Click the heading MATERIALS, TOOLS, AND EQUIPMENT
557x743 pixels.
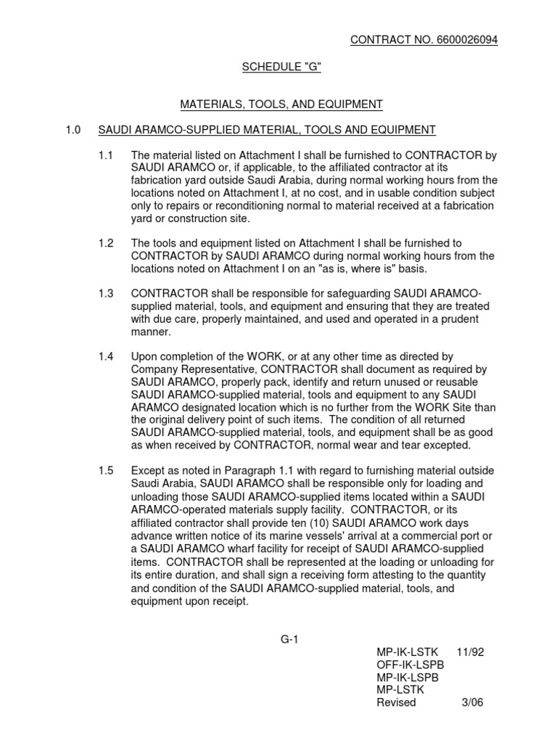[x=281, y=104]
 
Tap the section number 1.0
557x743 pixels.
[x=73, y=130]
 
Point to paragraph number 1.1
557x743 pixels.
[x=106, y=155]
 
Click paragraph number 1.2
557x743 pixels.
[x=106, y=243]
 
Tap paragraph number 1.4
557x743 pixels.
[x=106, y=356]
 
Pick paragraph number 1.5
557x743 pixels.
[x=106, y=471]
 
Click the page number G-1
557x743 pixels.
[x=290, y=639]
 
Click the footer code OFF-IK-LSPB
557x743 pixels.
[x=406, y=665]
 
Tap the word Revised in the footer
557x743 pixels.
[x=397, y=702]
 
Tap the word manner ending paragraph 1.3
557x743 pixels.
[x=151, y=331]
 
